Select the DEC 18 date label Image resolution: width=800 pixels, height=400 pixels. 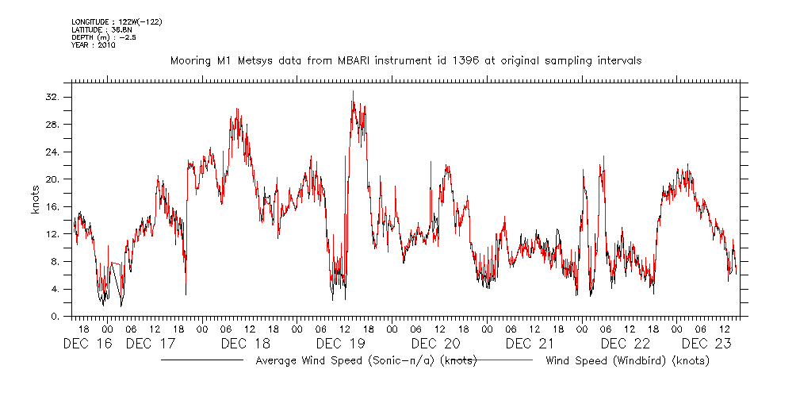247,344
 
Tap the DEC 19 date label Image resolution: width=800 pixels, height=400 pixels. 340,344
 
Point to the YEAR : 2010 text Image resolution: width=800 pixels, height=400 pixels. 94,45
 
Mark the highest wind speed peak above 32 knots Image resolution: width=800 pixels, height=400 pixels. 353,92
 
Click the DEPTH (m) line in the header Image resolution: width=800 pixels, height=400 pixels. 104,37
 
